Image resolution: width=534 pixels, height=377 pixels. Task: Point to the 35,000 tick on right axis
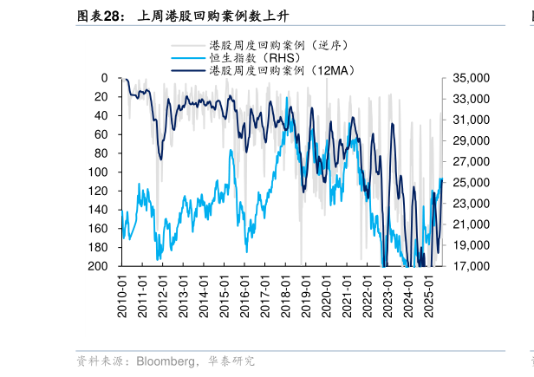pyautogui.click(x=468, y=78)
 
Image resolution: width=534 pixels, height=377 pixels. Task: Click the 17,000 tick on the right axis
pyautogui.click(x=468, y=266)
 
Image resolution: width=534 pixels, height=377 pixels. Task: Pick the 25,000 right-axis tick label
pyautogui.click(x=468, y=182)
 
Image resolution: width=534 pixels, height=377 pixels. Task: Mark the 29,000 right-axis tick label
pyautogui.click(x=468, y=140)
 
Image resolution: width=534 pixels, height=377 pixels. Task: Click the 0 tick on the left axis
pyautogui.click(x=104, y=78)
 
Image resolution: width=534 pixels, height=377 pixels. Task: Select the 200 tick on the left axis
pyautogui.click(x=98, y=266)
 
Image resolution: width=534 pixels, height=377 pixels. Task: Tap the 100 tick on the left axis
pyautogui.click(x=98, y=172)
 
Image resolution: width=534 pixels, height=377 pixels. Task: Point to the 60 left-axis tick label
pyautogui.click(x=101, y=134)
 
